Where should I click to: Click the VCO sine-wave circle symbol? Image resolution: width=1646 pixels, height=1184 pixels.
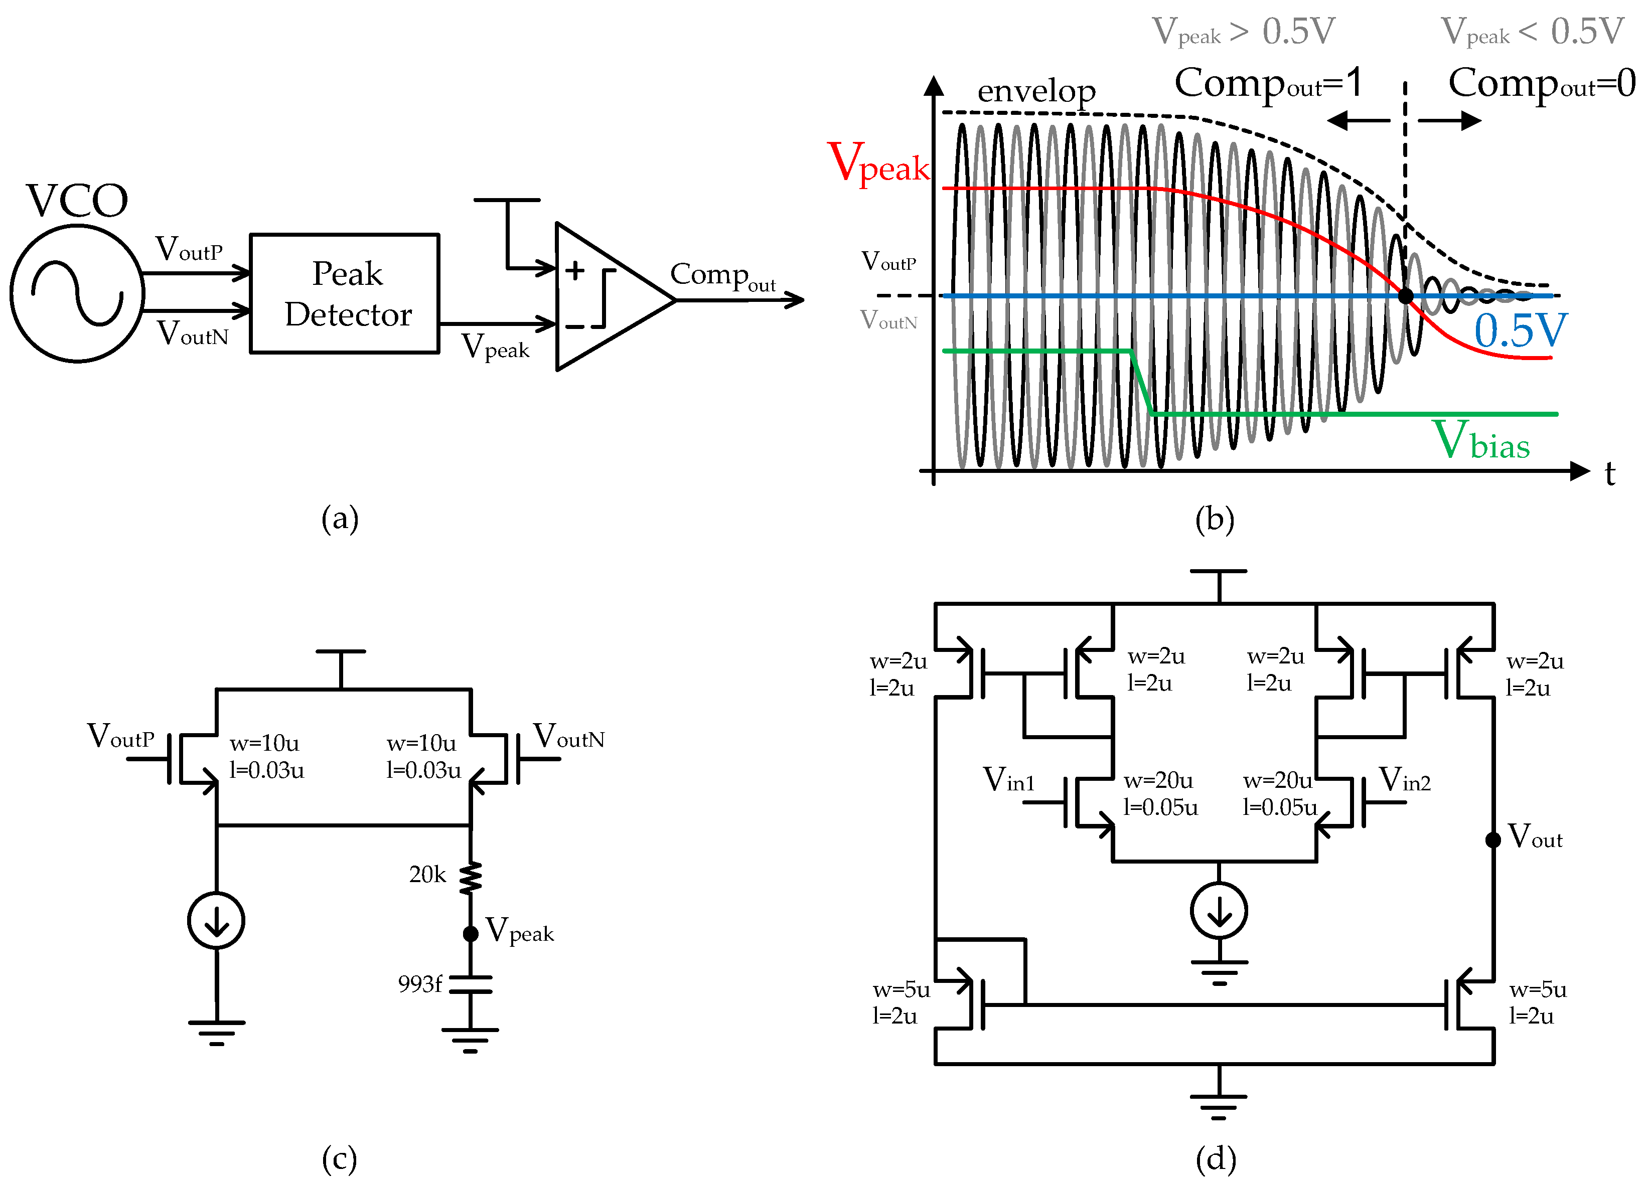tap(77, 293)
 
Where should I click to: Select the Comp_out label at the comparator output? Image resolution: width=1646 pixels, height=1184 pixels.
tap(722, 276)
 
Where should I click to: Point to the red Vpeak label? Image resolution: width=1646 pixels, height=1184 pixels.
tap(878, 163)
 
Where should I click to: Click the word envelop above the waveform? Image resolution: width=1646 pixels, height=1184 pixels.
tap(1036, 91)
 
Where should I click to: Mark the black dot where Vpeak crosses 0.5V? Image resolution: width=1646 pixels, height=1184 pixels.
tap(1406, 296)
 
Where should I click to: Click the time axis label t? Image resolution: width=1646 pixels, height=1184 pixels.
tap(1610, 474)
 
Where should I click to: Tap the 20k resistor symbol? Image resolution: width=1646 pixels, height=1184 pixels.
tap(470, 877)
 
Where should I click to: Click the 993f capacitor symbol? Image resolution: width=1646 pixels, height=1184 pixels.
tap(470, 984)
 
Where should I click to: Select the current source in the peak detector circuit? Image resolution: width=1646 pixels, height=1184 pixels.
tap(216, 921)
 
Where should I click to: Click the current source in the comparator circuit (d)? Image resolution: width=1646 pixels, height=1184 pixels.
tap(1219, 911)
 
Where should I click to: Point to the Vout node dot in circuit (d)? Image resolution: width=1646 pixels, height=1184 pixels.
tap(1493, 840)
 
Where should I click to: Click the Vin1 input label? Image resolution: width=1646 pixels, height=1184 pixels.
tap(1009, 780)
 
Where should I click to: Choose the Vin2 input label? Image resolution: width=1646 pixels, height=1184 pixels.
tap(1404, 780)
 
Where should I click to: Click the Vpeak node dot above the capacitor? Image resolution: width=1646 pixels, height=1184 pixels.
tap(470, 934)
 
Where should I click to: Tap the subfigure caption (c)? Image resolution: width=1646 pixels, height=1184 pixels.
tap(340, 1158)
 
